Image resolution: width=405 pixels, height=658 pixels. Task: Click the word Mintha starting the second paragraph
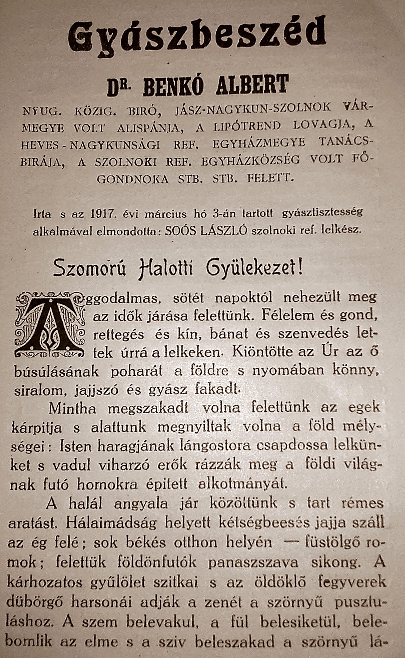click(72, 409)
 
